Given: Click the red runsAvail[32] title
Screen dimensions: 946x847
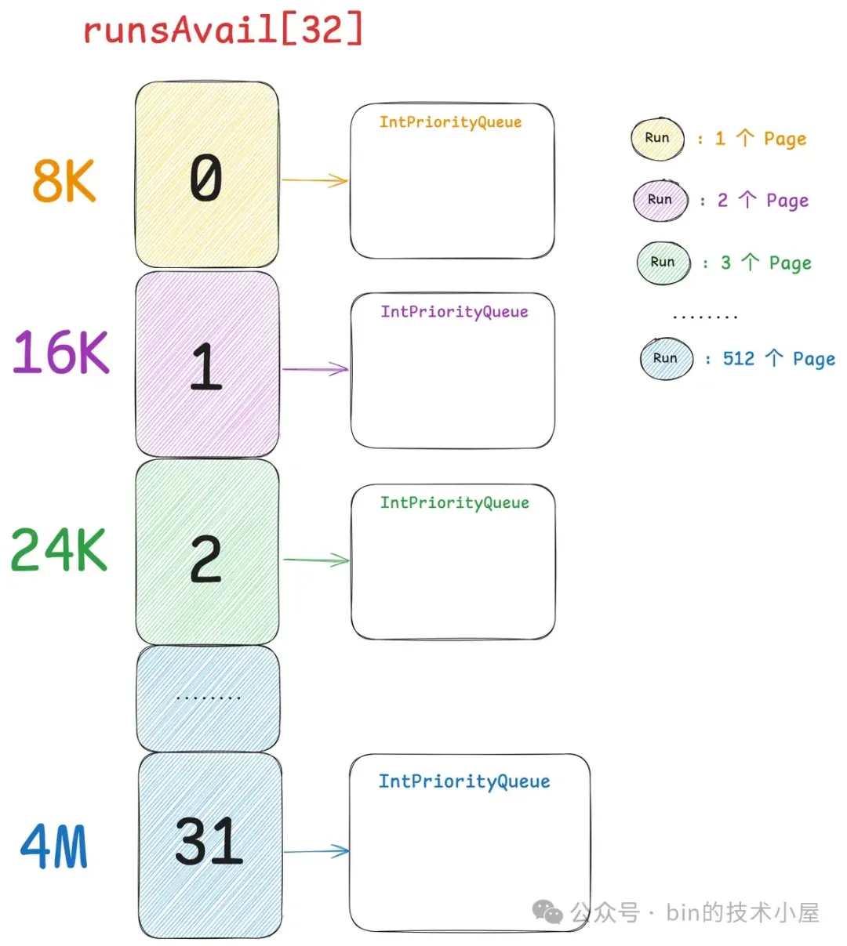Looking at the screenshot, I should (224, 30).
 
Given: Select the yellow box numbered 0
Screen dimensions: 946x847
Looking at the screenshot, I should (207, 175).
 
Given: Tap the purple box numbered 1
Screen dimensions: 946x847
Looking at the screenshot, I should (207, 364).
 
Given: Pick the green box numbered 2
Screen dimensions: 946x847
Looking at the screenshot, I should (207, 553).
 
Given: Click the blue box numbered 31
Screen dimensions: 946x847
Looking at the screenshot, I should (210, 845).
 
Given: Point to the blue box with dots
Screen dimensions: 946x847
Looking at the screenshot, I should (209, 698).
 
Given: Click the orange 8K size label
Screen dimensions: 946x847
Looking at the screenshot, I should (64, 181).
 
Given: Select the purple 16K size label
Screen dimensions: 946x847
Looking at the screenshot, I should (61, 352).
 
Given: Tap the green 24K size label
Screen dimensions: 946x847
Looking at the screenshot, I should (59, 550).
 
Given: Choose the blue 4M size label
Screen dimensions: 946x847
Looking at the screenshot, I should (54, 847).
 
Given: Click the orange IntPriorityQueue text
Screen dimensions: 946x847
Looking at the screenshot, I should (450, 122).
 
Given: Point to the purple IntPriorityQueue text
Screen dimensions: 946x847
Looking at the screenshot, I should (454, 312).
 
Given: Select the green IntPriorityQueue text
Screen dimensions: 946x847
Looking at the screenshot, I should (455, 502).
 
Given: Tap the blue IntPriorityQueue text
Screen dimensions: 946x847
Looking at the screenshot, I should (464, 781).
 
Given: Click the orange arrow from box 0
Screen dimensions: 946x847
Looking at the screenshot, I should (314, 180).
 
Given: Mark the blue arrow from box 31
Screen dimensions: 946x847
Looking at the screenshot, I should (316, 851).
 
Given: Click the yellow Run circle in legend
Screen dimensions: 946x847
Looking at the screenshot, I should (658, 139).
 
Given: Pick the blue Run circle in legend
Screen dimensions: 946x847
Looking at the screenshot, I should (666, 359).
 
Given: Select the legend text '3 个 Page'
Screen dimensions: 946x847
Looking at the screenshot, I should (766, 263).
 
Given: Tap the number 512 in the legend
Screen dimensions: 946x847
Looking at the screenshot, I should (738, 359).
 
